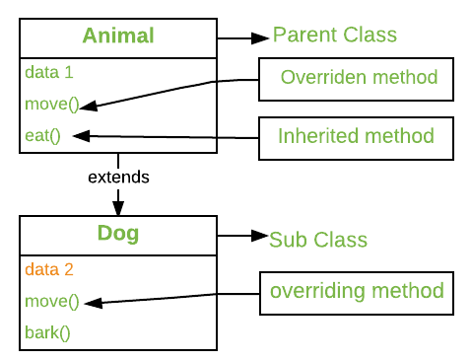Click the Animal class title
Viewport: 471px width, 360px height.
tap(118, 36)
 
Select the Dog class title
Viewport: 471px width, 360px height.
tap(118, 235)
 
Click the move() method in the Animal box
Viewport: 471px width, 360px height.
tap(50, 104)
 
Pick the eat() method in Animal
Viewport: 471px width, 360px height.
tap(43, 136)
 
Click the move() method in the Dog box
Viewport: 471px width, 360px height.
tap(50, 301)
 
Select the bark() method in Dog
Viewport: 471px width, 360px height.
tap(47, 331)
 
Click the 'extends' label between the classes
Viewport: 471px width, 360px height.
tap(118, 179)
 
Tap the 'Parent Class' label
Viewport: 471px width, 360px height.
tap(334, 36)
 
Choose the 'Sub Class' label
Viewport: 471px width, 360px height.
tap(318, 240)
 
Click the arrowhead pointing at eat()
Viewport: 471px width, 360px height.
tap(82, 136)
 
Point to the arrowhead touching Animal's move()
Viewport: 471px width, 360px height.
tap(88, 104)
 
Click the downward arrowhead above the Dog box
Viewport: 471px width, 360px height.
tap(118, 208)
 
